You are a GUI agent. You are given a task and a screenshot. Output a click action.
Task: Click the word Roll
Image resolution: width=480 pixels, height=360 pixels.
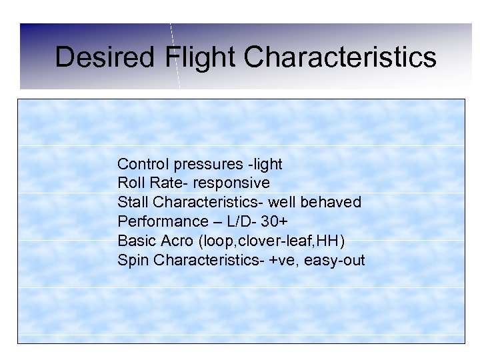pos(130,183)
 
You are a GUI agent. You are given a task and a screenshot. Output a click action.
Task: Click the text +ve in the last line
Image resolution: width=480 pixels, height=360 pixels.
pos(282,260)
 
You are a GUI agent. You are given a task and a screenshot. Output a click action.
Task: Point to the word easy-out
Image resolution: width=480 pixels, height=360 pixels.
pos(335,260)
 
